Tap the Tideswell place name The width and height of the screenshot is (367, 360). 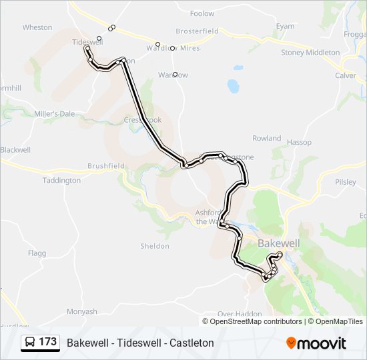(x=87, y=41)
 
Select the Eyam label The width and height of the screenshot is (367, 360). (x=285, y=27)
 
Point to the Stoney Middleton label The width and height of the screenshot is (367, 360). (x=310, y=53)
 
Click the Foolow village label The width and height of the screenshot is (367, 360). (x=202, y=13)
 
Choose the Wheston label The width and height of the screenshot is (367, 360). (x=37, y=27)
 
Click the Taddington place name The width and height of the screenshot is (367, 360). (x=61, y=181)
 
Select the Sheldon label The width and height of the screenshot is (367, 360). (x=155, y=246)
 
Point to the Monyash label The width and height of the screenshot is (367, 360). (x=82, y=311)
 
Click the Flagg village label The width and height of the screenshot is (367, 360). (x=37, y=253)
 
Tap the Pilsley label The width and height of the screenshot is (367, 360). (x=345, y=181)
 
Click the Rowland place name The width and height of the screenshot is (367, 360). (x=266, y=138)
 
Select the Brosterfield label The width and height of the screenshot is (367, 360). (x=197, y=31)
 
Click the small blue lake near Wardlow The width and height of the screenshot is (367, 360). (x=233, y=86)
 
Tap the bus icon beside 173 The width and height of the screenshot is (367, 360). (x=30, y=343)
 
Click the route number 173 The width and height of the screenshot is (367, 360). (x=48, y=342)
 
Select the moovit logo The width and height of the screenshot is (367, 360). (x=316, y=343)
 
